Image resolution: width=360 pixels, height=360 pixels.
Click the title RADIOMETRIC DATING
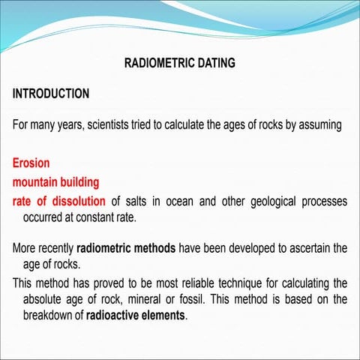pyautogui.click(x=179, y=64)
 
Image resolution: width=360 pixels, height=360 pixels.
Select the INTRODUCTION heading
pyautogui.click(x=51, y=94)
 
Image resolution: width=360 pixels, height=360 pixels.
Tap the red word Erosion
pyautogui.click(x=31, y=163)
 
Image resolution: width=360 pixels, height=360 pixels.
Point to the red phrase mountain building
pyautogui.click(x=55, y=182)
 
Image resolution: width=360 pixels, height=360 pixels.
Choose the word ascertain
pyautogui.click(x=301, y=248)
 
